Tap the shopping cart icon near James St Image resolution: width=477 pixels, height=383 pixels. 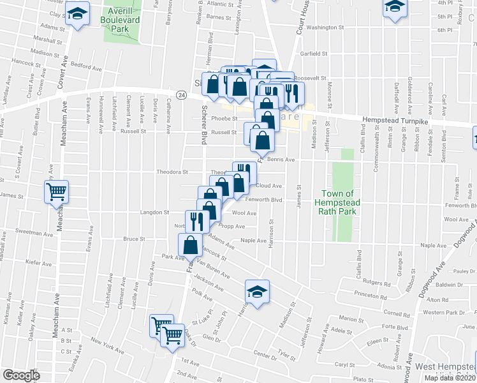coord(57,191)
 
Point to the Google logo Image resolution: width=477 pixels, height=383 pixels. coord(22,375)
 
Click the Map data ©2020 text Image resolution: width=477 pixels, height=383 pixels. coord(446,378)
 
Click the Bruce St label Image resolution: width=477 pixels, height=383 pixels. coord(134,239)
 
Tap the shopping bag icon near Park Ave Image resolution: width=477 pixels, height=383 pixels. coord(191,244)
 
